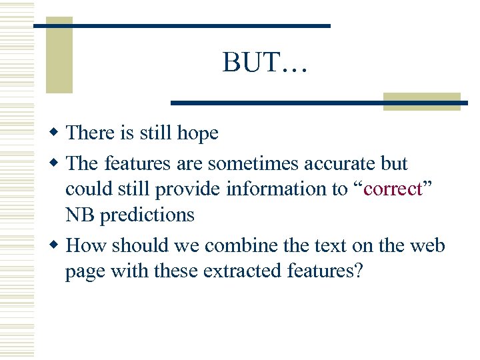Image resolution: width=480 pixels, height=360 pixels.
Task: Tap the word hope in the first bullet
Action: (x=198, y=133)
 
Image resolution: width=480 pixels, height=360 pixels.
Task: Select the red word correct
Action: (x=394, y=189)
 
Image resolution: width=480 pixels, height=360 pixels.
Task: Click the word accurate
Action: (x=337, y=163)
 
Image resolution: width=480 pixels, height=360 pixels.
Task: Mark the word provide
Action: (x=189, y=189)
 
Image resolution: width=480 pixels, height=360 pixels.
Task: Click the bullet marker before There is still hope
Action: (x=56, y=133)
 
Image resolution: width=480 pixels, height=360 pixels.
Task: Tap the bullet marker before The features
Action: (x=56, y=163)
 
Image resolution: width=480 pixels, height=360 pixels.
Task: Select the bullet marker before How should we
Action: (x=56, y=245)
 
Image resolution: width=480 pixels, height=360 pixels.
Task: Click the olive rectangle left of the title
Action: (x=59, y=57)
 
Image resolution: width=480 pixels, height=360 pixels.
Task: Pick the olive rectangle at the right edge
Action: (x=421, y=101)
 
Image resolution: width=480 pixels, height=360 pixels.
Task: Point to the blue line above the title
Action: (x=181, y=25)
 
